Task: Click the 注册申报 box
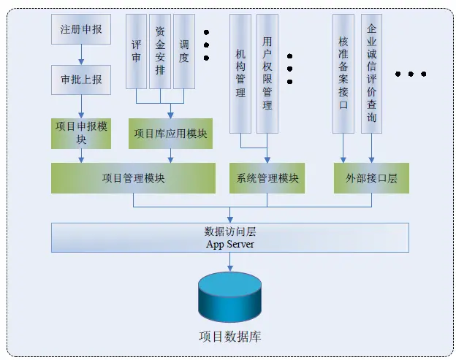(81, 31)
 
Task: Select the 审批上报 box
(81, 79)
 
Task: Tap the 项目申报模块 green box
(81, 133)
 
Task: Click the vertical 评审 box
(137, 51)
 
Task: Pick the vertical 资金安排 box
(161, 51)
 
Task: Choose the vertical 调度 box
(184, 51)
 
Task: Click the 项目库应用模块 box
(170, 134)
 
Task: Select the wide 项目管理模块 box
(133, 178)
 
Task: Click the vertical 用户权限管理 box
(267, 73)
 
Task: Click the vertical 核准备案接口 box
(343, 73)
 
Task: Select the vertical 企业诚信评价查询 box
(372, 73)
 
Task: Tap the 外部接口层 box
(371, 178)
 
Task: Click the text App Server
(229, 245)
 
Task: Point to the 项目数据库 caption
(230, 337)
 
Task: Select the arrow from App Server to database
(230, 263)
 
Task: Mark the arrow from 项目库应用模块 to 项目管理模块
(170, 156)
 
